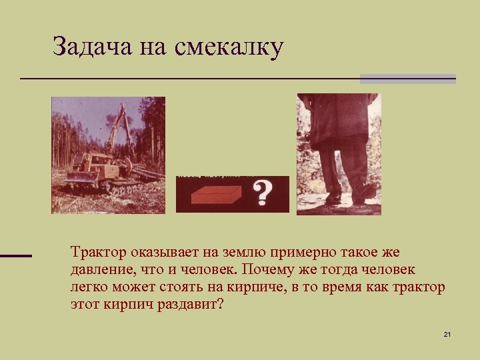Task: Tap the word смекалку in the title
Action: pyautogui.click(x=230, y=47)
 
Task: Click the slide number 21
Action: pyautogui.click(x=447, y=334)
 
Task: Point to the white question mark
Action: pyautogui.click(x=263, y=193)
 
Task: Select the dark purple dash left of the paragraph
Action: pyautogui.click(x=15, y=255)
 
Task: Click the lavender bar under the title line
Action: pyautogui.click(x=407, y=79)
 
